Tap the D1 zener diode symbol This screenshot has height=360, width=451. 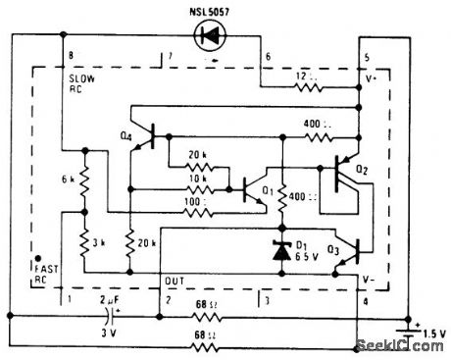tap(282, 251)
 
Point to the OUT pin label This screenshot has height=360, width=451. tap(173, 279)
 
